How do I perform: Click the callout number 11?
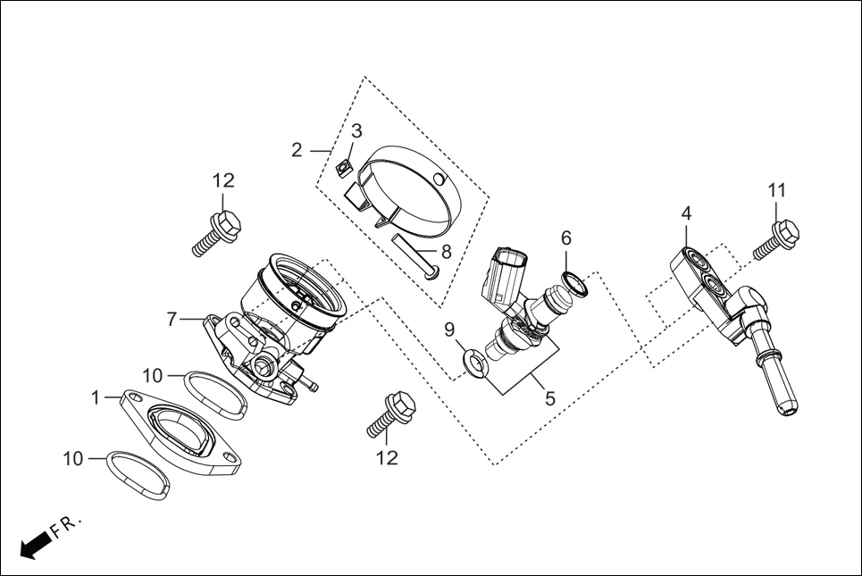click(x=777, y=190)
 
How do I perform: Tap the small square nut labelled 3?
click(x=341, y=165)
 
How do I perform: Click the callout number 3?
click(x=356, y=131)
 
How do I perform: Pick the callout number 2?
click(x=297, y=149)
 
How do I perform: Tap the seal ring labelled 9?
click(x=473, y=361)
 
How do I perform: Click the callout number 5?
click(x=550, y=399)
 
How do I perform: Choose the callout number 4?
click(x=686, y=213)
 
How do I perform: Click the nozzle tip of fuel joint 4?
click(x=784, y=404)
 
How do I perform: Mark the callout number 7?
click(x=173, y=318)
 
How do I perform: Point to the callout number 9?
click(x=450, y=331)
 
